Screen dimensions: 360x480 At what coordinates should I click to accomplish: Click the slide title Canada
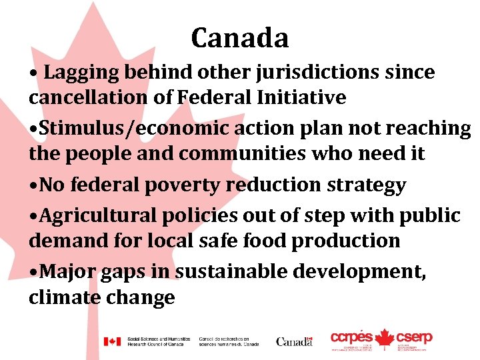240,38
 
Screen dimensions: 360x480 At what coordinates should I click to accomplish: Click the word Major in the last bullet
65,271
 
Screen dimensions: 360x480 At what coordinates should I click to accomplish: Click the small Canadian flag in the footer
111,341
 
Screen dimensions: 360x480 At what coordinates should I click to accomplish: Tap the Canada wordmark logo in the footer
294,341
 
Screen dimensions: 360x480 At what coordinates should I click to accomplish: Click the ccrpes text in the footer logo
351,338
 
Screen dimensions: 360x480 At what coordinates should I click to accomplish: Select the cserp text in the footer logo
414,338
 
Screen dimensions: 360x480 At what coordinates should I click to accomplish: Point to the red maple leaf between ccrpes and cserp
383,339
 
